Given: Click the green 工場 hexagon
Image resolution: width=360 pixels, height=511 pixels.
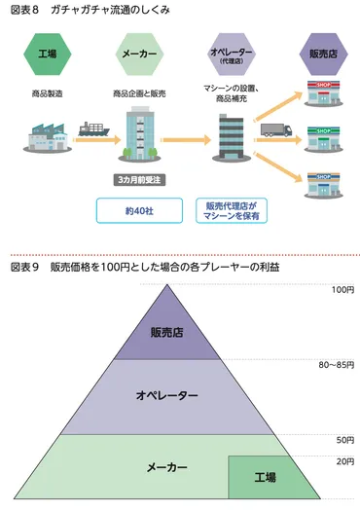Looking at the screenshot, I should pyautogui.click(x=47, y=55).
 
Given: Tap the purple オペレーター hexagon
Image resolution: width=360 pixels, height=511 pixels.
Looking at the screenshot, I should pyautogui.click(x=233, y=55).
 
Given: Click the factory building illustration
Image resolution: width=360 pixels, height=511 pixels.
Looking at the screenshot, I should pyautogui.click(x=46, y=142).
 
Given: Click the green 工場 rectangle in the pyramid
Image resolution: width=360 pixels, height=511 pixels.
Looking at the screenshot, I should pyautogui.click(x=265, y=477).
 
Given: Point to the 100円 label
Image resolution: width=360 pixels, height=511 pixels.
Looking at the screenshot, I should pyautogui.click(x=342, y=290).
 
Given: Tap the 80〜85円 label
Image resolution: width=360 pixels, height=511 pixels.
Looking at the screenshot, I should pyautogui.click(x=337, y=365).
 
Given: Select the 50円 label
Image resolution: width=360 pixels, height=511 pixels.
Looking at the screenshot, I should pyautogui.click(x=344, y=440).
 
